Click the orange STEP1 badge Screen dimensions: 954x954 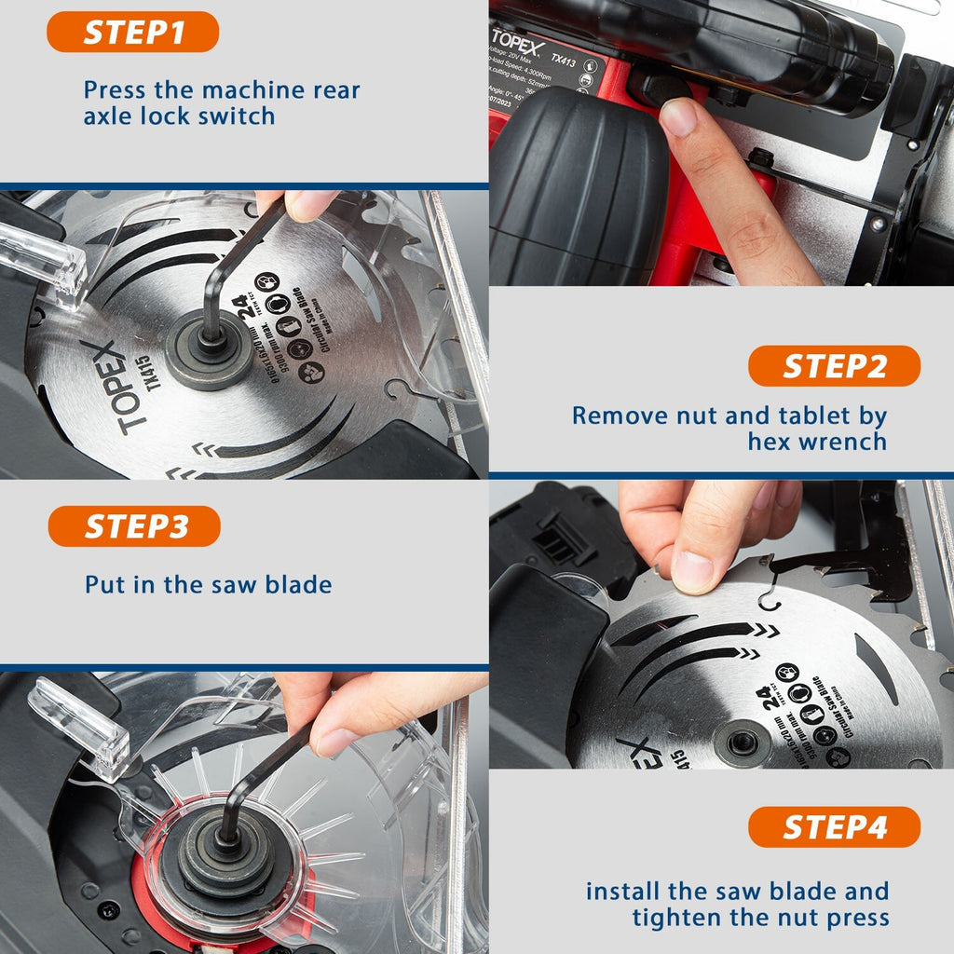click(x=132, y=33)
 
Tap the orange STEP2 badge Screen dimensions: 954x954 click(x=834, y=366)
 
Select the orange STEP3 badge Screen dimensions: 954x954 click(x=134, y=526)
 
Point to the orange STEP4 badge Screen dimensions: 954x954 click(x=834, y=827)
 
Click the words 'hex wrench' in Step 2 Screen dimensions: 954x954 click(x=817, y=441)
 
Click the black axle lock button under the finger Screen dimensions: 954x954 click(x=657, y=89)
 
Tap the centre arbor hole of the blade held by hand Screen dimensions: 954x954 click(x=743, y=743)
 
